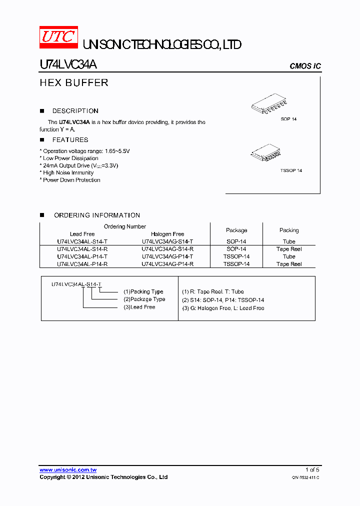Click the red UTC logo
(x=58, y=37)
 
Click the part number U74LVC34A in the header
(x=68, y=66)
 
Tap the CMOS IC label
(x=305, y=66)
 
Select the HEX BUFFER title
(x=74, y=83)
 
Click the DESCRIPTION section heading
(x=75, y=111)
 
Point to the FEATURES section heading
(x=70, y=140)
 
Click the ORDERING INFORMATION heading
(x=97, y=215)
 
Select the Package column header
(x=236, y=230)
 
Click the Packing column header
(x=289, y=230)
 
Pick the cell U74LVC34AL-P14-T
(x=82, y=256)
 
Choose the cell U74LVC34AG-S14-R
(x=167, y=249)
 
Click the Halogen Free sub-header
(x=167, y=234)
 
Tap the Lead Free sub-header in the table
(x=82, y=234)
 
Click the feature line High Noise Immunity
(x=68, y=173)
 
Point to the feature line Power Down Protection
(x=71, y=180)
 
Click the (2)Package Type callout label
(x=144, y=299)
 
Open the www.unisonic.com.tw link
(x=68, y=470)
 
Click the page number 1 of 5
(x=312, y=470)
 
